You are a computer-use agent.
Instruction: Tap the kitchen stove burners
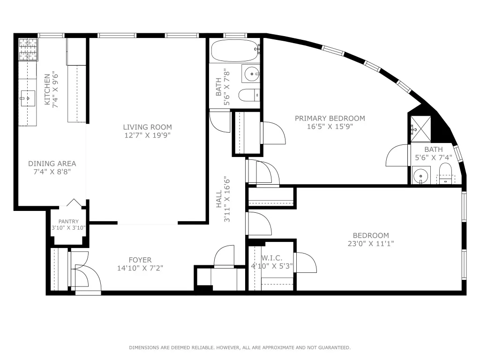(28, 50)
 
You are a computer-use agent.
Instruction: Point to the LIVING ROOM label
(147, 127)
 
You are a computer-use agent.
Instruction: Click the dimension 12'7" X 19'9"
(147, 135)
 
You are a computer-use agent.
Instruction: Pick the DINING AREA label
(52, 164)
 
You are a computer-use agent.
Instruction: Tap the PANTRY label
(68, 222)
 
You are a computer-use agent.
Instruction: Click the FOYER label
(140, 260)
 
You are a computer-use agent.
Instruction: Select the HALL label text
(219, 199)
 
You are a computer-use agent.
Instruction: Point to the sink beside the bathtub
(251, 74)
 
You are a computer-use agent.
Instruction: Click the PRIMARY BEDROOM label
(330, 118)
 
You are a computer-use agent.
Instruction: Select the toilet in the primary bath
(445, 174)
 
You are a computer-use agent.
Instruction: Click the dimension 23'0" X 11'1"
(371, 244)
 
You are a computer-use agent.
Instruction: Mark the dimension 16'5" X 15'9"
(330, 127)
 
